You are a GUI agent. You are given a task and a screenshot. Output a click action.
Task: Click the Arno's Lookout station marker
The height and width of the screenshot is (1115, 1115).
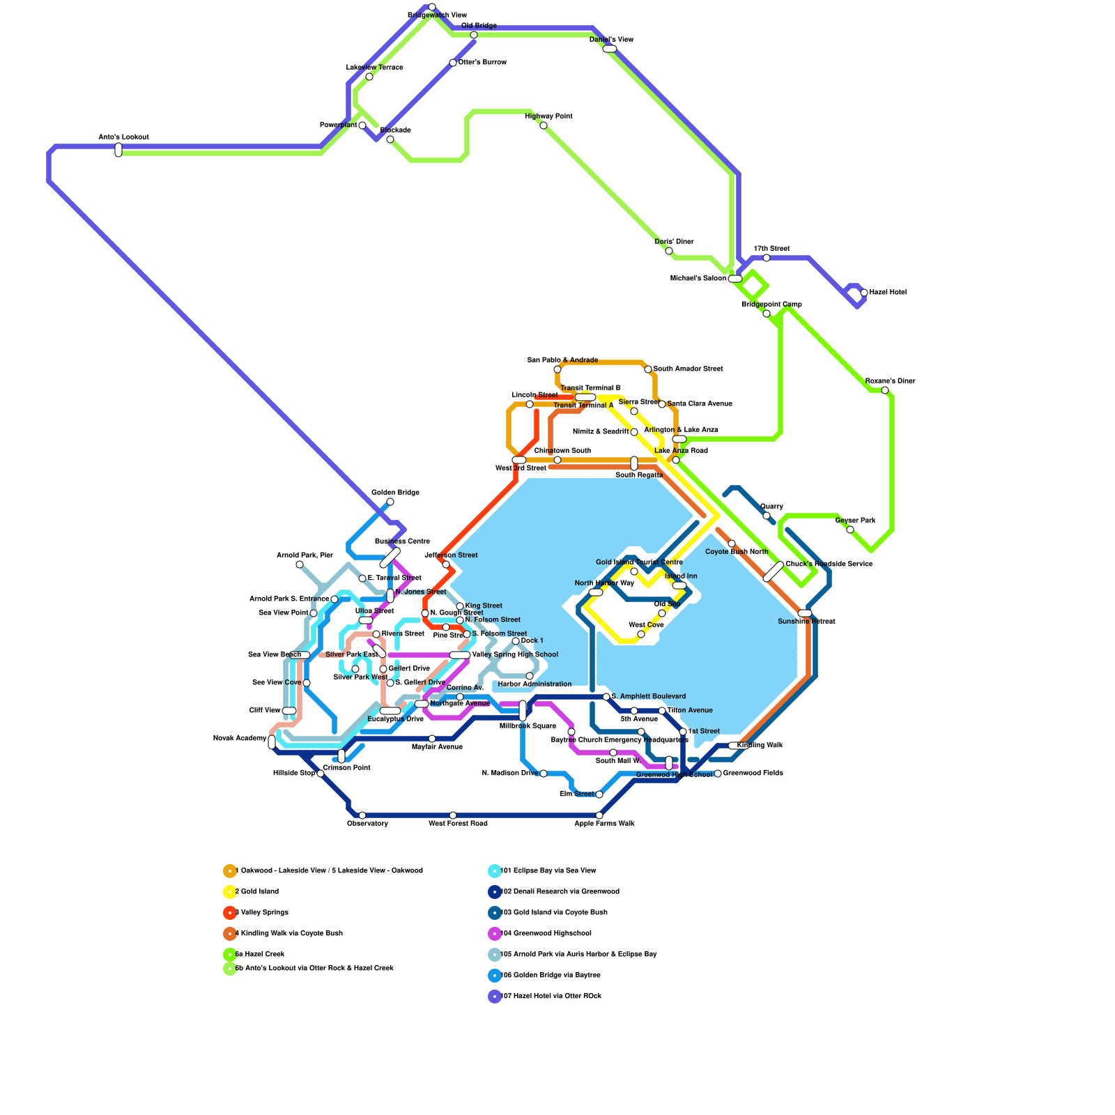[x=118, y=150]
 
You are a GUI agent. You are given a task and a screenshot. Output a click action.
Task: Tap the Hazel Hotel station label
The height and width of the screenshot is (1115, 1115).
[x=888, y=293]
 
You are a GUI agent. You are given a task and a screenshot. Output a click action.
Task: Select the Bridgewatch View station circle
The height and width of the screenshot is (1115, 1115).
[x=432, y=7]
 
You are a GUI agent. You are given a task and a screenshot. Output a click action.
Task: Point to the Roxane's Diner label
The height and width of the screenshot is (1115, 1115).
[x=890, y=381]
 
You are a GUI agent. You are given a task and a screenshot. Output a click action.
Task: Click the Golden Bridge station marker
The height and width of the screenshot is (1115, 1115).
[x=390, y=502]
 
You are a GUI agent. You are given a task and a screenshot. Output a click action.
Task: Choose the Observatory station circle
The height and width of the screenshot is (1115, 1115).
[x=362, y=815]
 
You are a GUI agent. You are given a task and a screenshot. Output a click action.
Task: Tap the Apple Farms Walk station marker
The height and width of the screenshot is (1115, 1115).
[x=599, y=815]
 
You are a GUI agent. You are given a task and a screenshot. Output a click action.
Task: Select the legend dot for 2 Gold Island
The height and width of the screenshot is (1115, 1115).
[x=229, y=892]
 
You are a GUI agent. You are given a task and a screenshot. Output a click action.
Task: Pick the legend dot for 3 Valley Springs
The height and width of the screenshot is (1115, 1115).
[x=229, y=913]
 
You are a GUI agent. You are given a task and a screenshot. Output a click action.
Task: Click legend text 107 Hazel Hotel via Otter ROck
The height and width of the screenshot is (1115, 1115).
[x=551, y=997]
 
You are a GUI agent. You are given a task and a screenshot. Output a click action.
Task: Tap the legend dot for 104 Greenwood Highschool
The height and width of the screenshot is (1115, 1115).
[x=494, y=934]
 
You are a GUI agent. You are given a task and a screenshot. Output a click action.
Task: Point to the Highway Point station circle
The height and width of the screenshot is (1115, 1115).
[x=544, y=125]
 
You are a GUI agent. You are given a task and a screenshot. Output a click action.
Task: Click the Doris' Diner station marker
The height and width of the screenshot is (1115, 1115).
[x=669, y=251]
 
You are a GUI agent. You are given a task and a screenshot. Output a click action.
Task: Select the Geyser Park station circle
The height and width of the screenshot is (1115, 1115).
[x=850, y=530]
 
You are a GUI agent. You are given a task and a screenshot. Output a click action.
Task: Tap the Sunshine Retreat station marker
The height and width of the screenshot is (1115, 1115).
[x=805, y=613]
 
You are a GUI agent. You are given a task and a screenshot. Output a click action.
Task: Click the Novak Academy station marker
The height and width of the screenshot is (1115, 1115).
[x=272, y=742]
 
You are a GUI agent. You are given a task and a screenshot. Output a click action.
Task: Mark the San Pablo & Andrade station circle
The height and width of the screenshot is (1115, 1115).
[x=557, y=369]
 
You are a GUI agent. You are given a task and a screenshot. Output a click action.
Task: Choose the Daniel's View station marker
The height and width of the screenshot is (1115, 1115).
[x=610, y=49]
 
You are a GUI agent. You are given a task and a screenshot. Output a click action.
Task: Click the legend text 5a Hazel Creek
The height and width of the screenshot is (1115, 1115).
[x=260, y=955]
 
